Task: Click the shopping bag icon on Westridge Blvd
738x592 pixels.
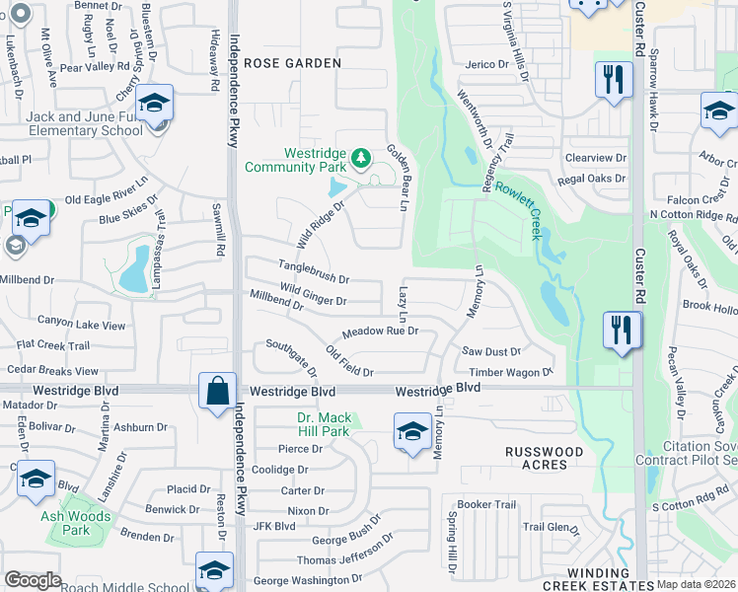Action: point(216,391)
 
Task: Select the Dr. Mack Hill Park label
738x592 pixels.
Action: point(324,424)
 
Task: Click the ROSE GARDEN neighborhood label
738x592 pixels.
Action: point(292,63)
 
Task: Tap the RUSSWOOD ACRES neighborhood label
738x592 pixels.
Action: point(544,458)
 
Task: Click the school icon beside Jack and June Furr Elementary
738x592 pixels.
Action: point(154,104)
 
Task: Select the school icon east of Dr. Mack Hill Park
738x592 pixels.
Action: point(412,432)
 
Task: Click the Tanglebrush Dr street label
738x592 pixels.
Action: point(314,279)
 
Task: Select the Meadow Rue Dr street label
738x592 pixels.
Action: point(381,332)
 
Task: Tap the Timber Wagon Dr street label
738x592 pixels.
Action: point(511,372)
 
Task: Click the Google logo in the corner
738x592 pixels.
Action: point(33,580)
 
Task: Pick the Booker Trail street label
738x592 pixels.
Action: point(487,504)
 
